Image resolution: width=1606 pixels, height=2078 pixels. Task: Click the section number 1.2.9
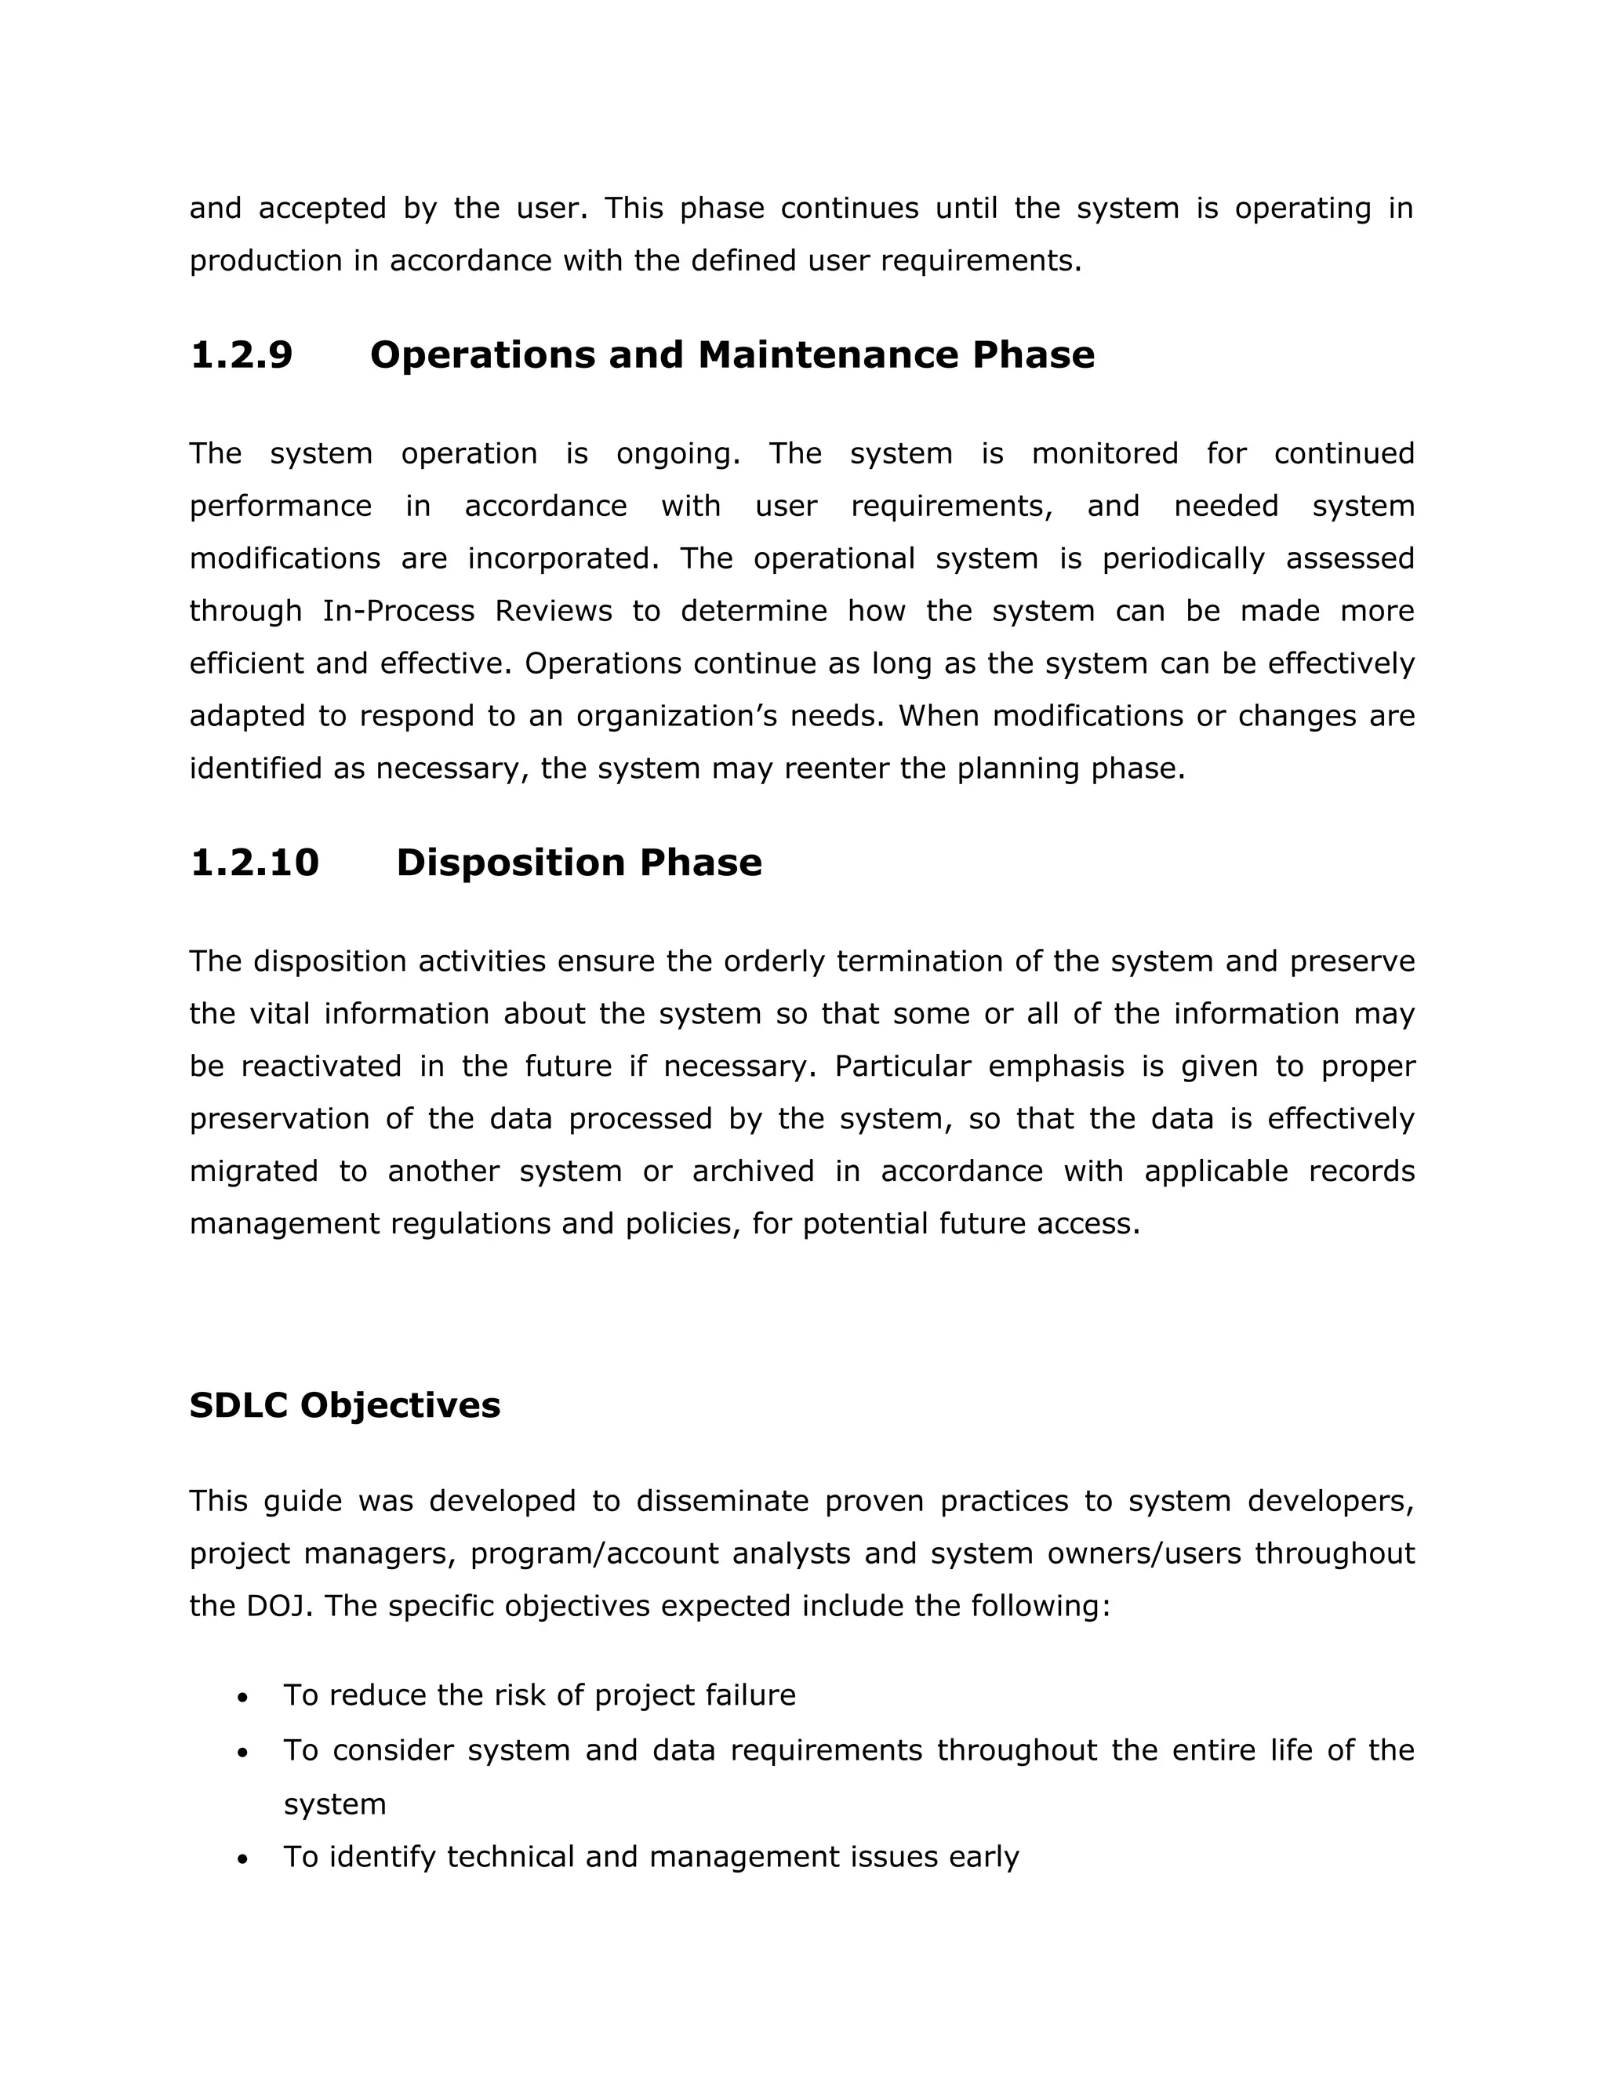[242, 355]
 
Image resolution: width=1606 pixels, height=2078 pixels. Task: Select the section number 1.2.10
[255, 863]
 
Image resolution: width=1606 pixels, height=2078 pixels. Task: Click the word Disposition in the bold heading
[510, 863]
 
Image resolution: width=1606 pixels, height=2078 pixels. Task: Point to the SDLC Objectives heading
[344, 1405]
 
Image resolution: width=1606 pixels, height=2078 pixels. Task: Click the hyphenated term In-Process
[398, 611]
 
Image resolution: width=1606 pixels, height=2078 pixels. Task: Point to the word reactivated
[321, 1066]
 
